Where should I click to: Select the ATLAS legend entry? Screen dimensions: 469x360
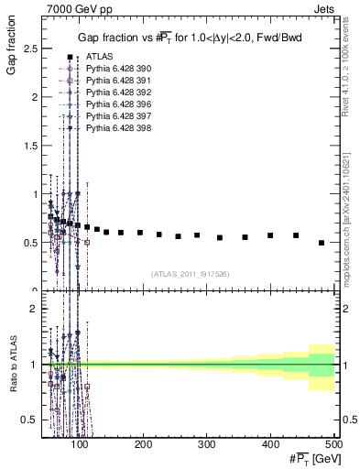pyautogui.click(x=99, y=57)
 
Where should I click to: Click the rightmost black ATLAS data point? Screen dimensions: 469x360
pyautogui.click(x=321, y=243)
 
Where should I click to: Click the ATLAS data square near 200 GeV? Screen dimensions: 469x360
pyautogui.click(x=140, y=233)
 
